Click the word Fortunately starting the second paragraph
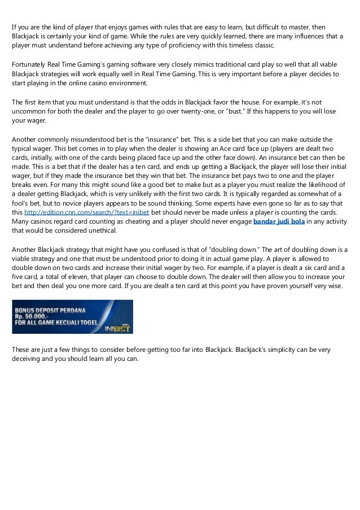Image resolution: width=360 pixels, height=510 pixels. point(31,65)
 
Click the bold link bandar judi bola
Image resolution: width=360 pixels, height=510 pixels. point(279,221)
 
